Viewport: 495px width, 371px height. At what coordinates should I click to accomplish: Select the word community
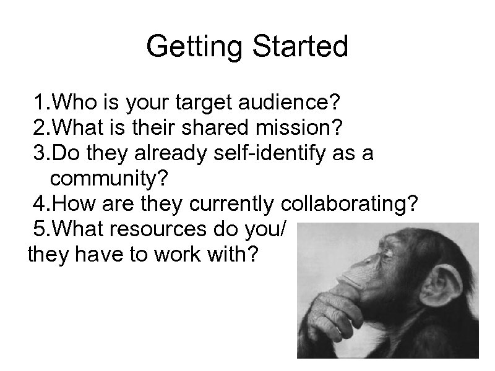click(109, 180)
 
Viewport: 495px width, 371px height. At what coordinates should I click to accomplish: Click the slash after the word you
click(283, 231)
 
